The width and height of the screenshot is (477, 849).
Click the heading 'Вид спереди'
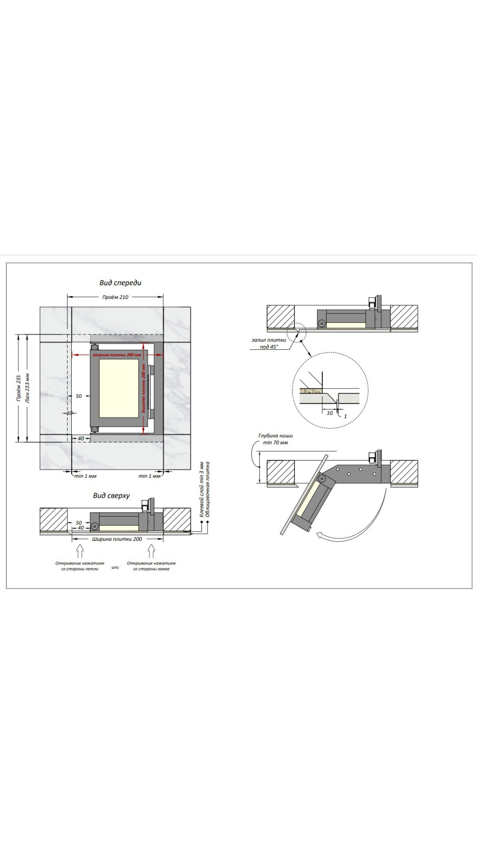[120, 283]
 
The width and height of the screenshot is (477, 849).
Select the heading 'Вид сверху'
[111, 496]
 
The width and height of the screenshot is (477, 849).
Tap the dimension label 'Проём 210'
[115, 297]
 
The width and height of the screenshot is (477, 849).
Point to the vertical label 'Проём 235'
[19, 388]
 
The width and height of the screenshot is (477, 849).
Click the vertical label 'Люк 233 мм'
[28, 388]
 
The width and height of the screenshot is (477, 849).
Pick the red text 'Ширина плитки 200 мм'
[117, 355]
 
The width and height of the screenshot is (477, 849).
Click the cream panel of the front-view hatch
[118, 388]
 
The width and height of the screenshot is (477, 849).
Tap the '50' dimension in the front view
[79, 396]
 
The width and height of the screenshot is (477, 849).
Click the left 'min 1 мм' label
[85, 476]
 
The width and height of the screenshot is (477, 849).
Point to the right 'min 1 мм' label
[149, 476]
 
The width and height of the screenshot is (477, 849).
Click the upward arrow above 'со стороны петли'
[80, 551]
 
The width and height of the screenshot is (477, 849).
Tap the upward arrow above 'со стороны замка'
[151, 551]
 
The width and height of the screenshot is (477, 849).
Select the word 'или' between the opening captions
[115, 567]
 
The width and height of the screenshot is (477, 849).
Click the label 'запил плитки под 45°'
[269, 344]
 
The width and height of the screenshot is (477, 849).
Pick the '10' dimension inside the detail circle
[330, 413]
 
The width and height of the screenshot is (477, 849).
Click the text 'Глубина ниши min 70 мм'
[275, 439]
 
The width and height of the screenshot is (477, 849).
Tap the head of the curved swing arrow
[320, 535]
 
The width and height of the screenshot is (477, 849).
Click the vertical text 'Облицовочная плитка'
[208, 489]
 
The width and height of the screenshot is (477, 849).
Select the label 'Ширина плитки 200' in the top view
[117, 539]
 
